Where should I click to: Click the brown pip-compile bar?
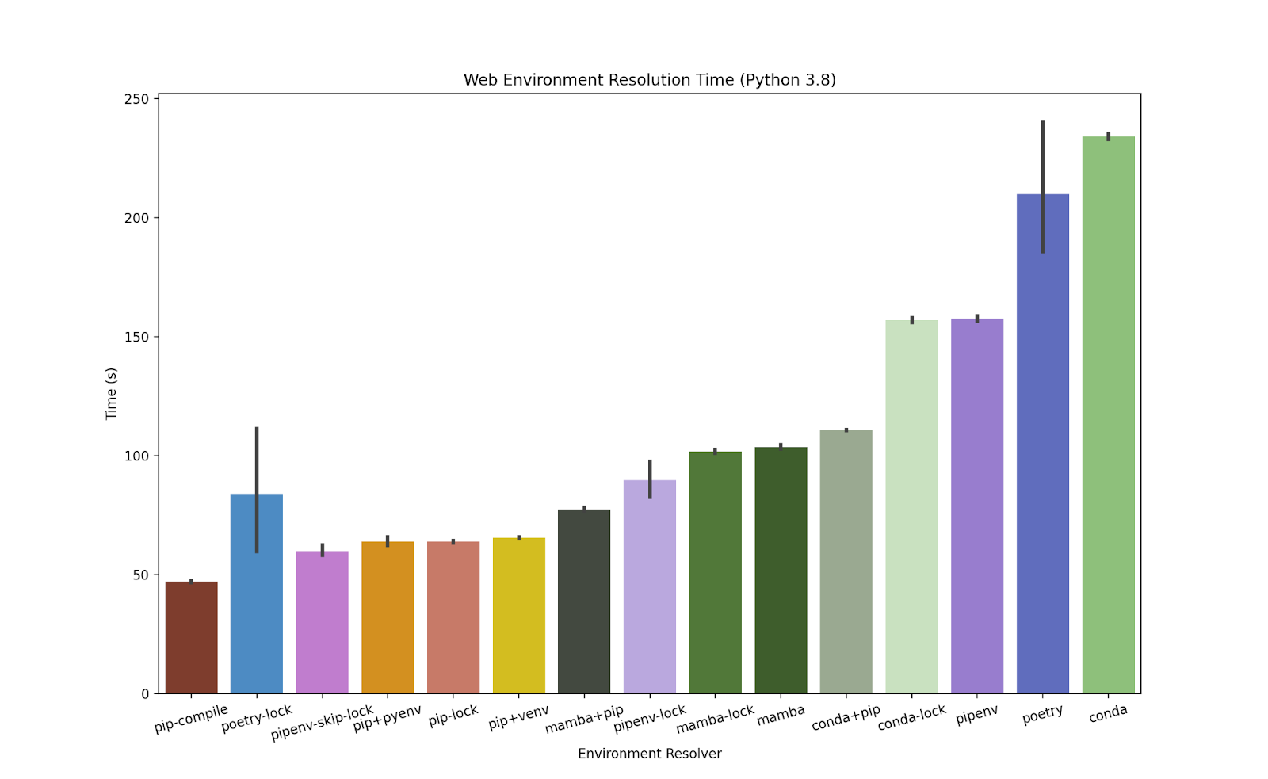pos(191,637)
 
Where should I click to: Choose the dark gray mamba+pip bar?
pos(584,601)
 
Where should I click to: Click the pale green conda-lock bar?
pos(911,507)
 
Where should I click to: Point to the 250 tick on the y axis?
pos(136,99)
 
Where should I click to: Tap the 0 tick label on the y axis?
pos(145,694)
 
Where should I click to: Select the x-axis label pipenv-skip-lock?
pos(322,723)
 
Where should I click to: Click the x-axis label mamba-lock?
pos(715,720)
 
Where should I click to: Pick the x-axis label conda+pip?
pos(846,717)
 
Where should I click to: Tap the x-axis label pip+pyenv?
pos(387,718)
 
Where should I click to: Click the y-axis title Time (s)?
pos(111,394)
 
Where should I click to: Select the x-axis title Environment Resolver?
pos(649,754)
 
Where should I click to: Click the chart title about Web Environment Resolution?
pos(649,80)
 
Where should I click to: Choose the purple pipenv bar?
pos(977,506)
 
